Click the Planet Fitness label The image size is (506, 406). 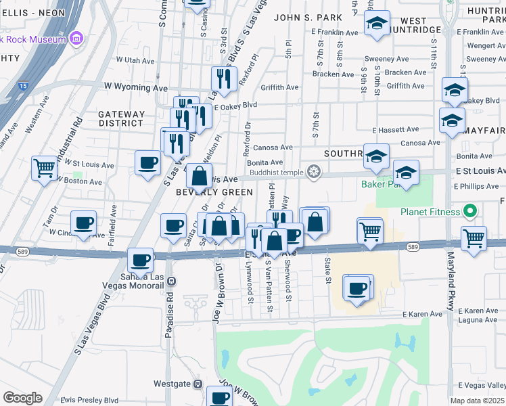point(429,212)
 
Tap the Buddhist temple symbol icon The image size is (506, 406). point(313,171)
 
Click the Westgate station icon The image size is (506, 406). point(198,384)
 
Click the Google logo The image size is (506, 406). point(23,398)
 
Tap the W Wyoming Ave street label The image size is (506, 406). point(135,88)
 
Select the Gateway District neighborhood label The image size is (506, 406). point(121,118)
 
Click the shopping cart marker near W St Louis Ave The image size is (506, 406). point(44,166)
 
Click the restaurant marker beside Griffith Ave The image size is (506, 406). point(224,78)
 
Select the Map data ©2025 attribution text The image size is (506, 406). point(478,401)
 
